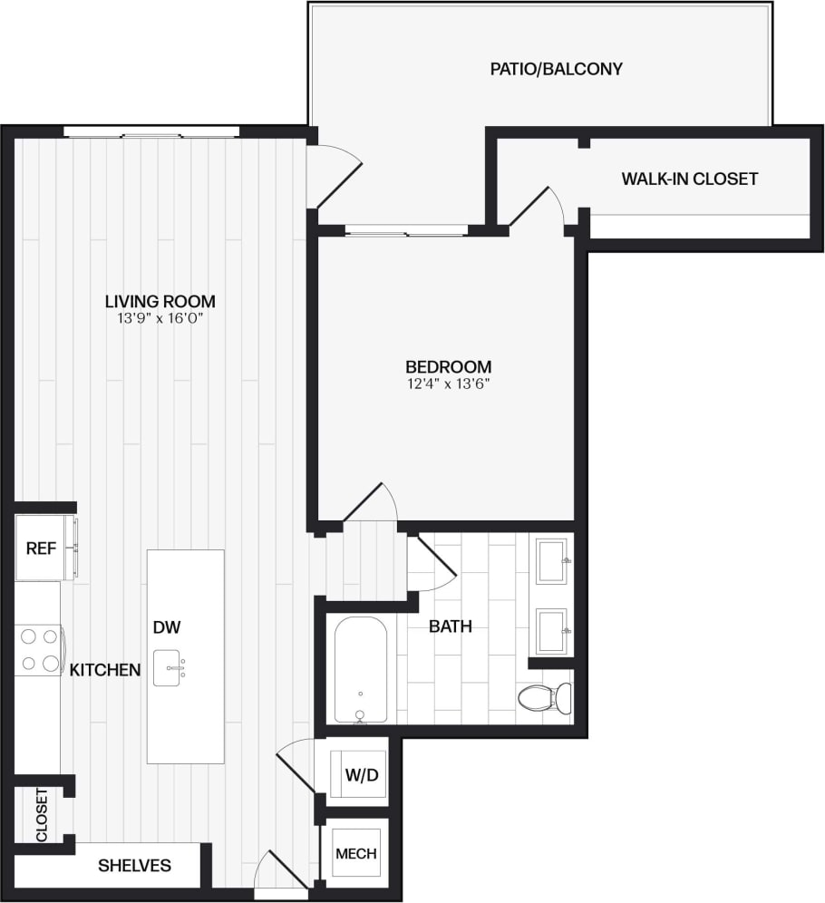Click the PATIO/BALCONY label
pyautogui.click(x=556, y=69)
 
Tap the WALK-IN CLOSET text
pyautogui.click(x=689, y=179)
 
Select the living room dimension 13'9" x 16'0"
pyautogui.click(x=160, y=318)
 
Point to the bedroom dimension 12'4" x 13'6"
pyautogui.click(x=448, y=384)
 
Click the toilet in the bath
pyautogui.click(x=546, y=697)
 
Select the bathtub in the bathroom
pyautogui.click(x=360, y=669)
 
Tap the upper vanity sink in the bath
pyautogui.click(x=551, y=560)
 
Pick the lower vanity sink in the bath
pyautogui.click(x=551, y=630)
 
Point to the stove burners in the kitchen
pyautogui.click(x=38, y=649)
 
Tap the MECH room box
pyautogui.click(x=355, y=853)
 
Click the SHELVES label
pyautogui.click(x=134, y=866)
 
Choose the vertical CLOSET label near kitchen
pyautogui.click(x=41, y=815)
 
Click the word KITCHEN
pyautogui.click(x=105, y=670)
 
